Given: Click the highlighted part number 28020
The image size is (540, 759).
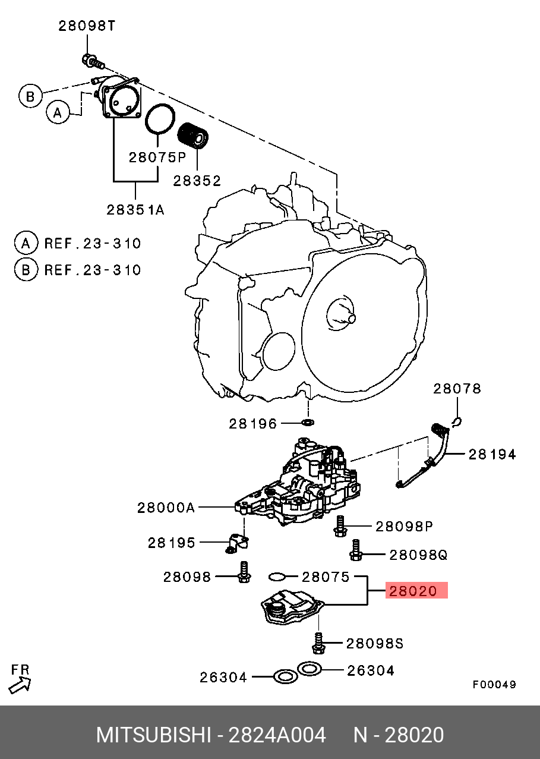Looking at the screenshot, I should click(x=416, y=591).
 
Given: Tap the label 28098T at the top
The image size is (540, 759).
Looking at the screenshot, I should click(x=87, y=26).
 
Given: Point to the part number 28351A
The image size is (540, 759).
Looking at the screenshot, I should click(x=135, y=209).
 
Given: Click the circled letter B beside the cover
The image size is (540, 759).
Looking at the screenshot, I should click(x=30, y=96).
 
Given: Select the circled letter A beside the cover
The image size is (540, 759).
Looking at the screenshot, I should click(x=58, y=112).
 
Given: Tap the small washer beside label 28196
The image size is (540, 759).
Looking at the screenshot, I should click(x=308, y=423).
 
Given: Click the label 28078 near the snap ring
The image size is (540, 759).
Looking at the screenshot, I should click(x=457, y=389).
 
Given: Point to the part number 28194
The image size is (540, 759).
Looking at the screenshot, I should click(x=492, y=455).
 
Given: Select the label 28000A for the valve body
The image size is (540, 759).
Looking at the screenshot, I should click(x=166, y=508).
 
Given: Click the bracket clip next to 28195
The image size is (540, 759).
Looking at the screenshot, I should click(x=238, y=542).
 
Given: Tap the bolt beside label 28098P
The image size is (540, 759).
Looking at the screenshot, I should click(x=340, y=525).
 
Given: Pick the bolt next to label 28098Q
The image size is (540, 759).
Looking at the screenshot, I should click(x=356, y=551).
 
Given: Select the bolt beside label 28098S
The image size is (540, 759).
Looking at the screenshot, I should click(x=318, y=643).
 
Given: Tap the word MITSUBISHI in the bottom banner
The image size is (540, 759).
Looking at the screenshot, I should click(x=153, y=735).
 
